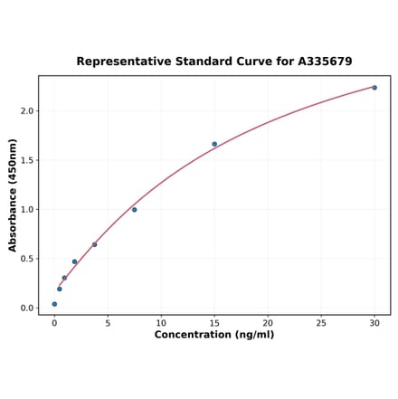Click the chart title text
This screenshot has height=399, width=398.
click(213, 62)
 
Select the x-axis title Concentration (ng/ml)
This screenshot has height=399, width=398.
click(213, 335)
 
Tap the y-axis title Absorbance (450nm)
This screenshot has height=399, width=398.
click(13, 195)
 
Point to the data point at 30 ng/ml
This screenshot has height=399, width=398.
click(374, 88)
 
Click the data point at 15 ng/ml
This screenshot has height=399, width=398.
click(214, 144)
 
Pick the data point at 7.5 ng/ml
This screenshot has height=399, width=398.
click(134, 210)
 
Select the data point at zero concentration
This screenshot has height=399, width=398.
click(54, 304)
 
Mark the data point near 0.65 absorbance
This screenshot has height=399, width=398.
click(94, 244)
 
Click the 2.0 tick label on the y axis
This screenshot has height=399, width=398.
click(26, 111)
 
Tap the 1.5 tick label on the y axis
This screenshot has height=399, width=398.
click(26, 160)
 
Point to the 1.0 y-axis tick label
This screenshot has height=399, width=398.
click(26, 210)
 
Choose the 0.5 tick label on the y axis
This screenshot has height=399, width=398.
click(26, 259)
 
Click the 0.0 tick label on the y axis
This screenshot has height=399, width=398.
click(26, 309)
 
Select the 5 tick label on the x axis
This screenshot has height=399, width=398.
click(108, 322)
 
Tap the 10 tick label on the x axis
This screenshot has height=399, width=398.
click(161, 322)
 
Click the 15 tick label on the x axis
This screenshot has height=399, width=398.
click(214, 322)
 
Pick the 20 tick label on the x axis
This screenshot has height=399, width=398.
click(268, 322)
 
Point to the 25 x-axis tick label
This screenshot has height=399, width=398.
click(321, 322)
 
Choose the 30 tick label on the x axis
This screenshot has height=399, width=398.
click(374, 322)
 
